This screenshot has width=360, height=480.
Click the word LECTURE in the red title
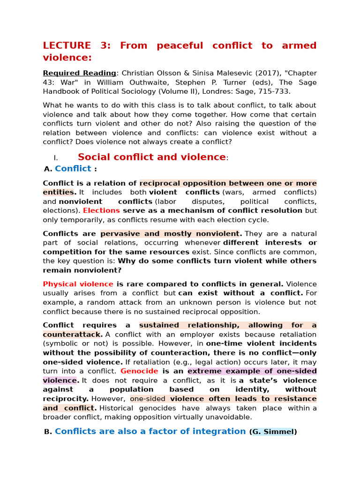67,45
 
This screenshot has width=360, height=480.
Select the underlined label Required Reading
79,73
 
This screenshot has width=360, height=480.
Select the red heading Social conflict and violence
151,157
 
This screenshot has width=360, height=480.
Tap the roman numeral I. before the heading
55,158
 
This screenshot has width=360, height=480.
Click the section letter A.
47,169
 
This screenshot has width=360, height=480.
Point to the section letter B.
48,432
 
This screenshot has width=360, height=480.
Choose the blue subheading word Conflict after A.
73,169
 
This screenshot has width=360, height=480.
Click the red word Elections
101,210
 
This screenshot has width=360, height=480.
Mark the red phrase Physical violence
78,284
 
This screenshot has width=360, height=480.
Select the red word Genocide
139,371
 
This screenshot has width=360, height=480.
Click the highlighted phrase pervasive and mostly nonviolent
171,233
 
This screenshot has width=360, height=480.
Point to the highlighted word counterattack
71,334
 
